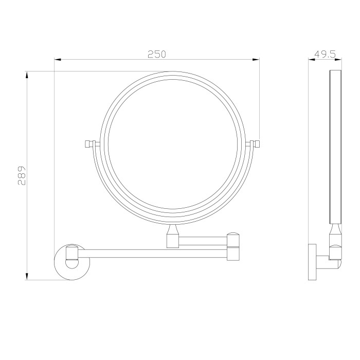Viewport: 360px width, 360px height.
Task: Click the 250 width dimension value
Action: [x=157, y=55]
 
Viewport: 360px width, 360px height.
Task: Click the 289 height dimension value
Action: [x=22, y=175]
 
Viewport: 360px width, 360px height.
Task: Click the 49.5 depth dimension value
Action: [x=325, y=55]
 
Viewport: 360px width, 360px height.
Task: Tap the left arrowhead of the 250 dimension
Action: [x=58, y=60]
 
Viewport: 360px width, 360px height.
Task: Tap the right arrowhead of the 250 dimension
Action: [x=256, y=60]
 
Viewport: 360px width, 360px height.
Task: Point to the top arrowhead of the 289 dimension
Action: [x=27, y=75]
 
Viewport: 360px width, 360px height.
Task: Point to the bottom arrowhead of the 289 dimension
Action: [x=27, y=277]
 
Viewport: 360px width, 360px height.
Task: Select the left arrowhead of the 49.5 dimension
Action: [x=312, y=60]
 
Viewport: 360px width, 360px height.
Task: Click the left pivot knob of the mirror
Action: [x=88, y=144]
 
